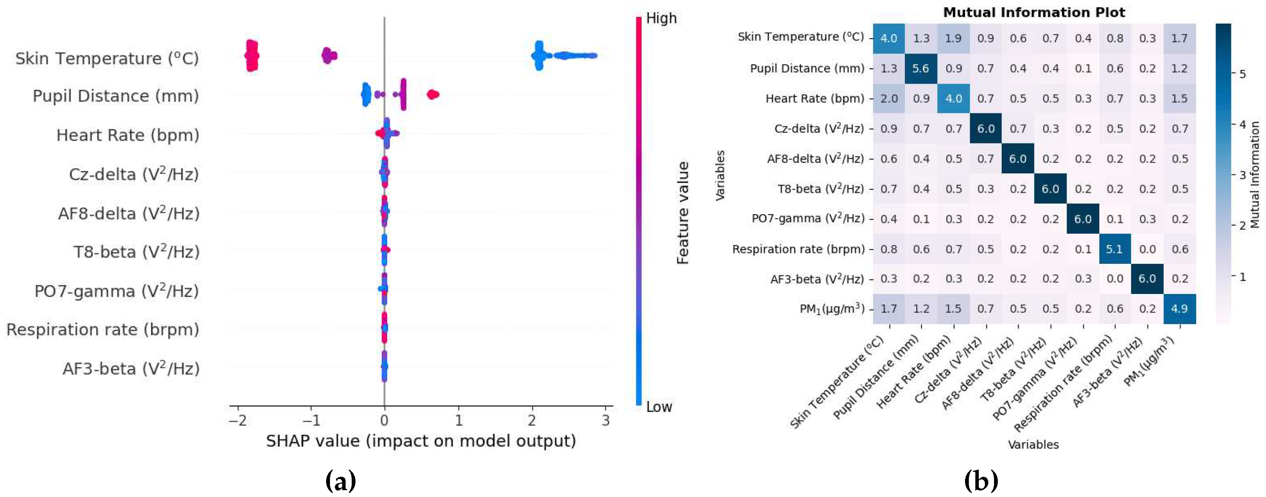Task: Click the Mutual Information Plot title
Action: tap(1034, 12)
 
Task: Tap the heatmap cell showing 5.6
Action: tap(920, 68)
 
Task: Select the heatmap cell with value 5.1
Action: tap(1114, 249)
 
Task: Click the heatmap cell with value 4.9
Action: tap(1179, 309)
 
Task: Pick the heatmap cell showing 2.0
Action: tap(888, 98)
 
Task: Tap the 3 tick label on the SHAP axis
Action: tap(605, 420)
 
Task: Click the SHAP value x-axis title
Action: tap(421, 441)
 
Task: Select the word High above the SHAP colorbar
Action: tap(661, 19)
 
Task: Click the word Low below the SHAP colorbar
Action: tap(658, 407)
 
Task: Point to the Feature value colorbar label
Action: tap(683, 212)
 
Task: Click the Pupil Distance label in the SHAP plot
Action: tap(116, 96)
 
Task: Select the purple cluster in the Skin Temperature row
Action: tap(329, 56)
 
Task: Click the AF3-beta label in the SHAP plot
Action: tap(131, 369)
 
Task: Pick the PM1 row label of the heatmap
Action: tap(832, 309)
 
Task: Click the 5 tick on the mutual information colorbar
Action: tap(1242, 74)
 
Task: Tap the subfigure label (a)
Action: tap(340, 481)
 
